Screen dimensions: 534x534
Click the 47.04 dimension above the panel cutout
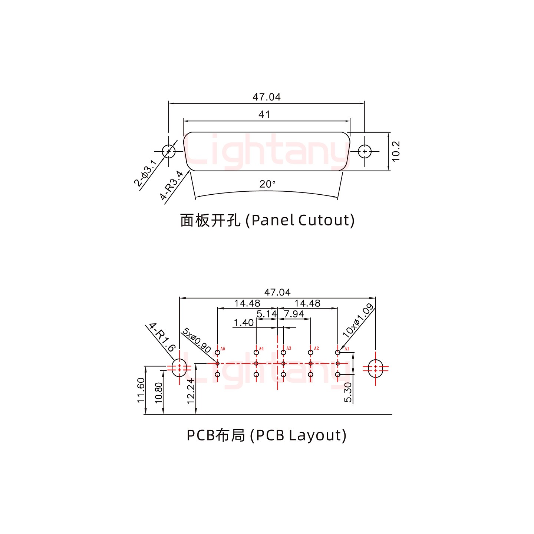coord(267,97)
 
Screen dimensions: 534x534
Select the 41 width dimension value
coord(264,115)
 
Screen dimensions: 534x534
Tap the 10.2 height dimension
coord(396,151)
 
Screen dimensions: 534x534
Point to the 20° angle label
coord(267,184)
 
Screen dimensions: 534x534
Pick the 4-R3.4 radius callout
coord(171,185)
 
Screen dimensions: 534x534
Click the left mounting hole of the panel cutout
coord(169,151)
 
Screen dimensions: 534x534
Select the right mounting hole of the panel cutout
coord(365,151)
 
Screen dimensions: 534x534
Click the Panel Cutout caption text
coord(267,220)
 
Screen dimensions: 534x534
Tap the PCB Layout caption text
coord(267,435)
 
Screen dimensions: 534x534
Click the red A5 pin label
coord(223,349)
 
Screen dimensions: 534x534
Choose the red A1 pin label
coord(347,349)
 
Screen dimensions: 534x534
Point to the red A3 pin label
coord(289,348)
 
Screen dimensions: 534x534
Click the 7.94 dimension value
coord(294,314)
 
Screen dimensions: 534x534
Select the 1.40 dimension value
coord(244,323)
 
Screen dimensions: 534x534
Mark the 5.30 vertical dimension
coord(348,392)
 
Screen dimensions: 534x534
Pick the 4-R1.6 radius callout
coord(162,337)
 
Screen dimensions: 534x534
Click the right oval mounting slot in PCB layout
coord(376,368)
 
